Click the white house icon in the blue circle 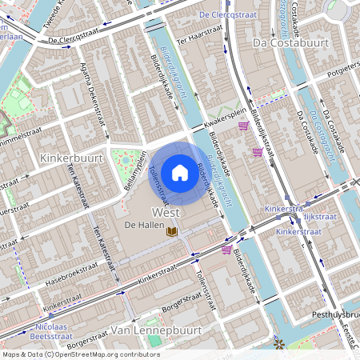179,172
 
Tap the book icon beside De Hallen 171,231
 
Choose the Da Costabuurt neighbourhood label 280,42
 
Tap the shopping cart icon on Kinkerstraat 226,250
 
